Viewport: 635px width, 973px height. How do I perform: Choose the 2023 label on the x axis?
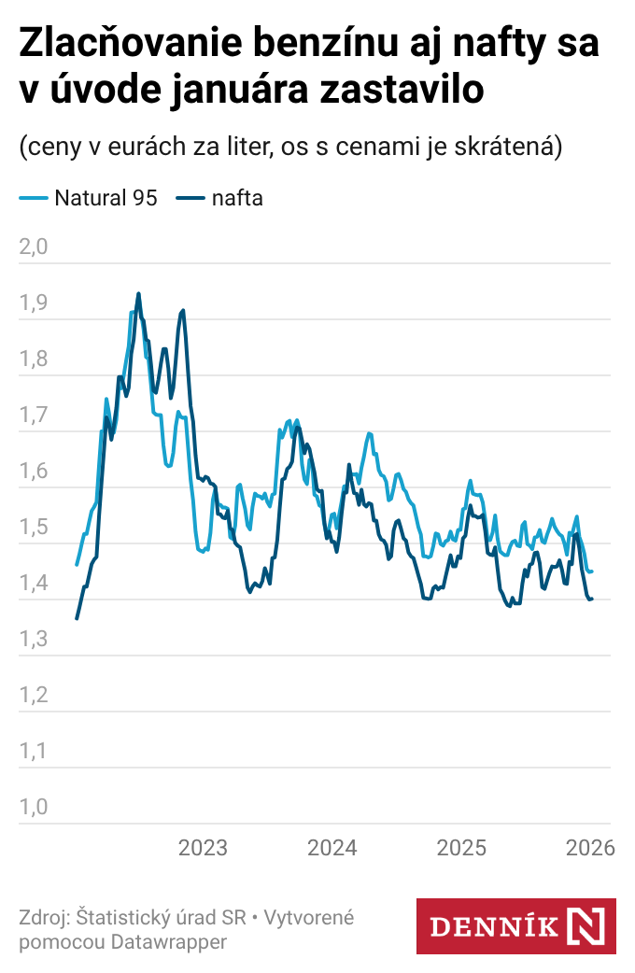coord(203,848)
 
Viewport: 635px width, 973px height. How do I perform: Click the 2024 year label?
coord(332,848)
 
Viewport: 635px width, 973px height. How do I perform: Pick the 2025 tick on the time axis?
coord(462,848)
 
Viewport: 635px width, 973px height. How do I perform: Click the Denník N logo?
coord(515,926)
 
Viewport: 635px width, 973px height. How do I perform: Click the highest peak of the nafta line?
coord(138,293)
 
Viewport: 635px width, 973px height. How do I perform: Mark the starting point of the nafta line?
coord(77,618)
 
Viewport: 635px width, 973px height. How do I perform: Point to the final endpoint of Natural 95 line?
coord(592,571)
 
